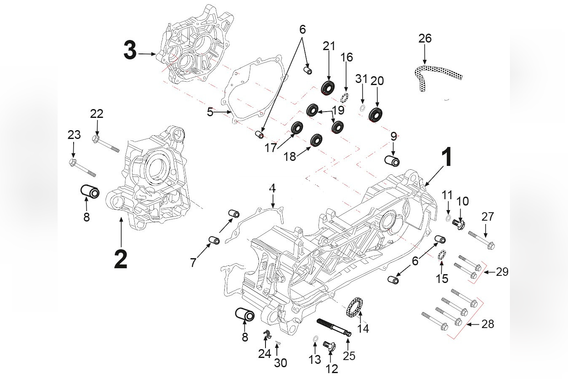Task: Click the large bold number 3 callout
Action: pyautogui.click(x=130, y=51)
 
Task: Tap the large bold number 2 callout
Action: pyautogui.click(x=120, y=258)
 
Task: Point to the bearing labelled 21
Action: pyautogui.click(x=328, y=87)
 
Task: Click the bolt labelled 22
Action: pyautogui.click(x=106, y=143)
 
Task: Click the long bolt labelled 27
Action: pyautogui.click(x=481, y=239)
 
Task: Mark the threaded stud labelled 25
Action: pyautogui.click(x=334, y=328)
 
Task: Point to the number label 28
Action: pyautogui.click(x=488, y=324)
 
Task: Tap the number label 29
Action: pyautogui.click(x=502, y=272)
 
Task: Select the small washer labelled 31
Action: pyautogui.click(x=361, y=109)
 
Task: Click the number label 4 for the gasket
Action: pyautogui.click(x=273, y=188)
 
